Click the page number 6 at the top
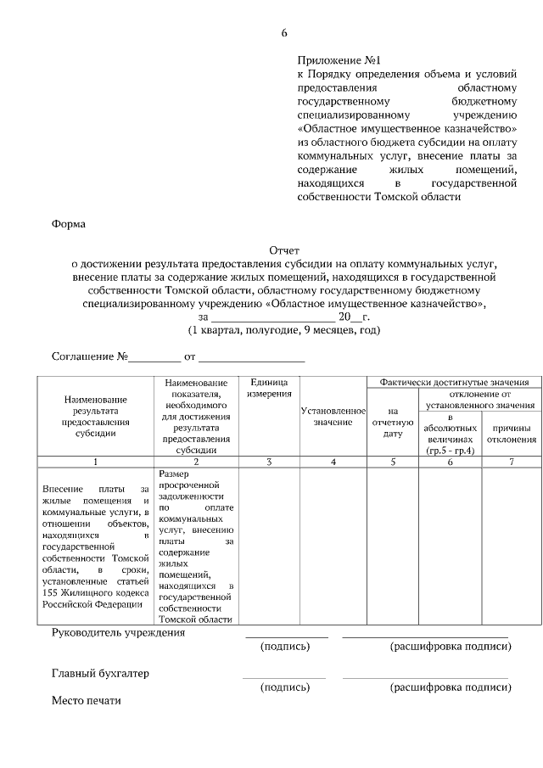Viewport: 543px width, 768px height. point(284,33)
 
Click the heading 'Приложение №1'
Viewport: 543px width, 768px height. point(337,61)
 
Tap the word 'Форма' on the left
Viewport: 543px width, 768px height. point(69,225)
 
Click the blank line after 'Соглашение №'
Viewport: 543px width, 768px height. point(154,357)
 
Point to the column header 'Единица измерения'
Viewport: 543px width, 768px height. point(269,389)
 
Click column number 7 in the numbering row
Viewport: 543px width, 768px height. point(511,462)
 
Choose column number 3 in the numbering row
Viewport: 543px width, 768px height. point(269,462)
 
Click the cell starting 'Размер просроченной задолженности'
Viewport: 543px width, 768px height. point(195,547)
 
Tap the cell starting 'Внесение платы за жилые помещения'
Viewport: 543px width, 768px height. point(95,547)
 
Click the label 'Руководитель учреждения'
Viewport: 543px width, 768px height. point(118,633)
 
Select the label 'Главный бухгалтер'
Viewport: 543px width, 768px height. point(100,674)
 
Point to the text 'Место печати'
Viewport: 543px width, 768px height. point(87,701)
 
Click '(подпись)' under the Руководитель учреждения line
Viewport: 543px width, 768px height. point(285,647)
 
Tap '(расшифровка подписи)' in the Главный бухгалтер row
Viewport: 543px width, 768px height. point(450,687)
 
